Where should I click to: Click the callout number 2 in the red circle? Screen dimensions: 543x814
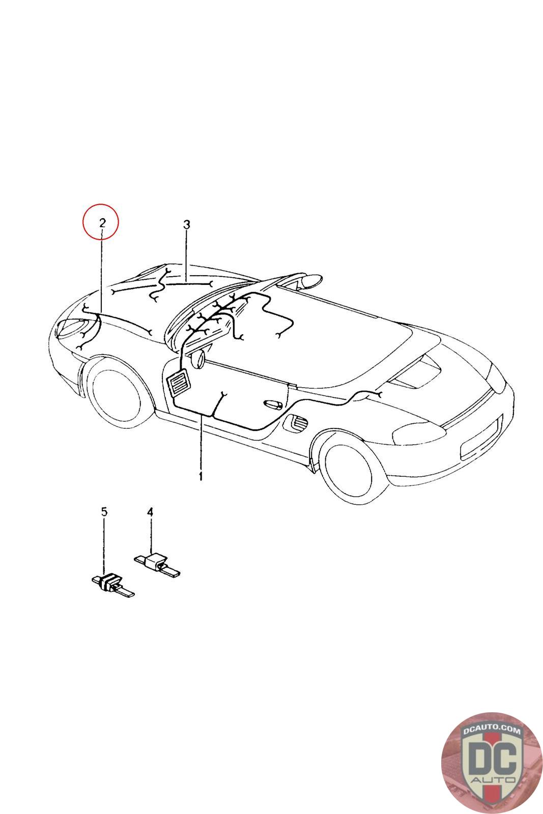coord(102,222)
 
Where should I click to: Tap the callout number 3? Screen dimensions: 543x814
coord(186,224)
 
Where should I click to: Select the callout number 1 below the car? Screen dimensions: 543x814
coord(201,476)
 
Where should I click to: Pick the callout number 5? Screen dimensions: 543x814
coord(104,512)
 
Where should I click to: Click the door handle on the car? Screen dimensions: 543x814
coord(273,404)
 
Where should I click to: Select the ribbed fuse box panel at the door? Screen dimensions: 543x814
coord(178,383)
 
